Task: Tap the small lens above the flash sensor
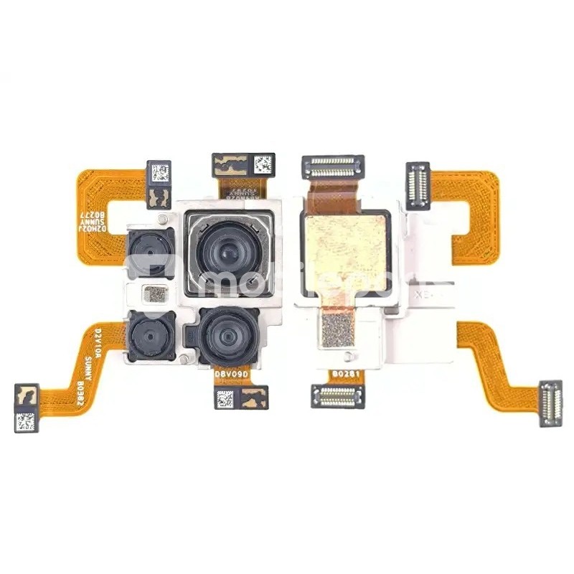(x=150, y=252)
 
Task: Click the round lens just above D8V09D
(x=225, y=336)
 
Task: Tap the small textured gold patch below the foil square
(x=339, y=329)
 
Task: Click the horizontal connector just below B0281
(x=338, y=393)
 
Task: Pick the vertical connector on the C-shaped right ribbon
(x=418, y=185)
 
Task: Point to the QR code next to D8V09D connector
(x=225, y=397)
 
